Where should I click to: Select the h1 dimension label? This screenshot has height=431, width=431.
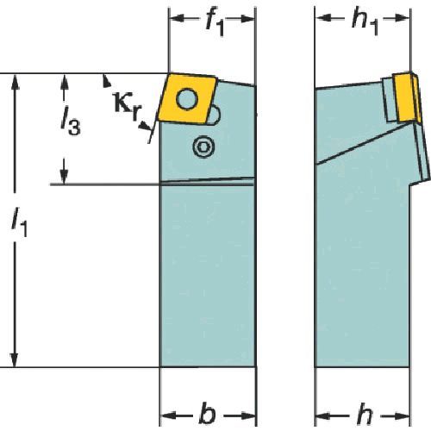pos(365,22)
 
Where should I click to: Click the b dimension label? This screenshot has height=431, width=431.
pos(207,415)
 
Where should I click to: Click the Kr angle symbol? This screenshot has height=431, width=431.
pos(128,106)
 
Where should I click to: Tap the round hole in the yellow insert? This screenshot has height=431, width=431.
pos(187,99)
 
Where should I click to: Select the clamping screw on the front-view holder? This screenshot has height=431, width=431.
pos(203,147)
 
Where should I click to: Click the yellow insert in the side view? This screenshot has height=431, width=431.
pos(408,97)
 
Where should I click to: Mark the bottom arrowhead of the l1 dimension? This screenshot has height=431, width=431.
pos(15,359)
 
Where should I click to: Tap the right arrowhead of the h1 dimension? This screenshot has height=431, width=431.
pos(401,18)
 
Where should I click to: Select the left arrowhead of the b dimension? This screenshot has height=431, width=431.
pos(168,415)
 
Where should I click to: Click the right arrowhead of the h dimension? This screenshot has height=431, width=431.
pos(401,415)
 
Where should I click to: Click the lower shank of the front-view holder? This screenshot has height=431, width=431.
pos(208,276)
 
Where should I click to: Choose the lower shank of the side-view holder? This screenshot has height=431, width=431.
pos(362,276)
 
